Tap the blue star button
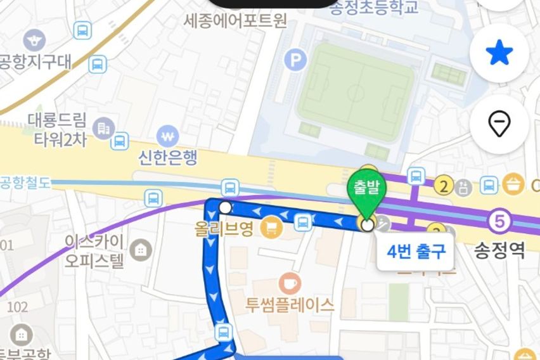[x=499, y=54]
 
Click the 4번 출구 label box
[x=416, y=252]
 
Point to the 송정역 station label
[x=500, y=252]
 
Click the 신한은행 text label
[x=168, y=158]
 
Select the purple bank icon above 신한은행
[x=168, y=136]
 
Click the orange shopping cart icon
[x=273, y=226]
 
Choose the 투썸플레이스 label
[x=290, y=305]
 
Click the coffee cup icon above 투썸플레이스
[x=290, y=282]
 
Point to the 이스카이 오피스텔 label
[x=95, y=252]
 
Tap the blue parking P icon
[x=295, y=61]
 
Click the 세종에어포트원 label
[x=235, y=21]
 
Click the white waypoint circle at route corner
[x=225, y=207]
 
